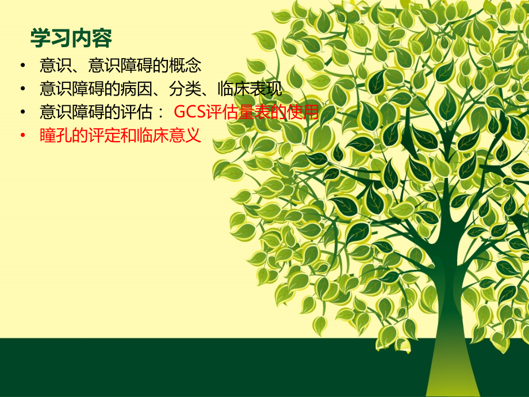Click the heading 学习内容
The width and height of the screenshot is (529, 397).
coord(71,39)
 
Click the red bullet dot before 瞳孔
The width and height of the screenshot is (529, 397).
coord(22,136)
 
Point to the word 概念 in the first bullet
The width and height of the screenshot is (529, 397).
coord(186,65)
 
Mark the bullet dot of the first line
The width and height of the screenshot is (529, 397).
coord(22,65)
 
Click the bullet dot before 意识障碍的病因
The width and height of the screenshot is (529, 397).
coord(22,89)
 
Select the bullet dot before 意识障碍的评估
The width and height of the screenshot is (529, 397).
coord(22,112)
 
